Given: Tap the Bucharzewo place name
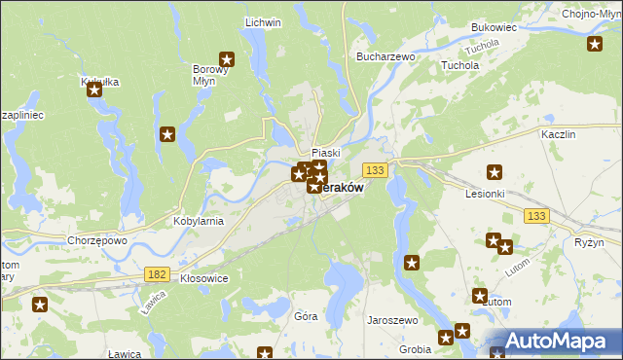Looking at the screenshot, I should (x=386, y=57).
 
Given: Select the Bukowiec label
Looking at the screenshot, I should (x=494, y=28).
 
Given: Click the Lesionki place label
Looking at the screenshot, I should (x=485, y=193).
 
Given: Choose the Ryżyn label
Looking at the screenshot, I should (x=590, y=242).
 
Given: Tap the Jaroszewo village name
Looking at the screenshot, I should (x=391, y=319).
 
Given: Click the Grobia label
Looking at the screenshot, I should (x=416, y=348).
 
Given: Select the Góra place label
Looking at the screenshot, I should (x=306, y=317).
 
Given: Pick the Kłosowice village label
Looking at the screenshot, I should (x=204, y=278).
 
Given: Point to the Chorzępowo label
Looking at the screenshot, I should (x=97, y=240).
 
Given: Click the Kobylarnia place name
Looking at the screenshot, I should (x=199, y=221).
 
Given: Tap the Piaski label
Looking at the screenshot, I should (x=325, y=153).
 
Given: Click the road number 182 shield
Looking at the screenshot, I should (x=156, y=275).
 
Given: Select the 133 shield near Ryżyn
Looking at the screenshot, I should (x=533, y=215).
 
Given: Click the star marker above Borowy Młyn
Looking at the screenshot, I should (x=227, y=58).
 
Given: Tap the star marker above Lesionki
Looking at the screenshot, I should (x=495, y=173).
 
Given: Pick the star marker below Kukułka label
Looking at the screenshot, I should (x=94, y=90).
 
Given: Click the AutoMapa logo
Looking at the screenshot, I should (x=553, y=341).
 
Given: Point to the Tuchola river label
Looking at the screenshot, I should (x=481, y=48).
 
